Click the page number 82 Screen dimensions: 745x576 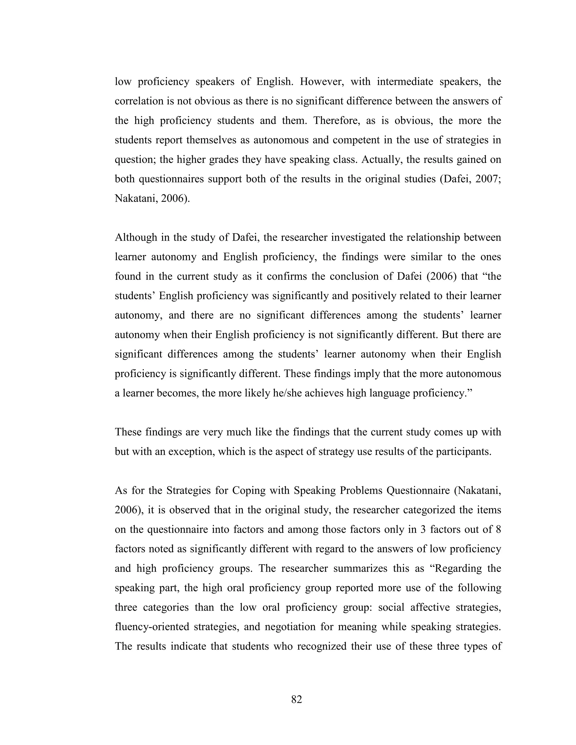pyautogui.click(x=296, y=699)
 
